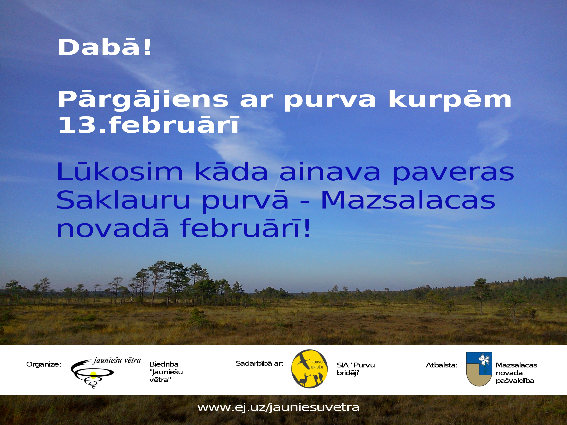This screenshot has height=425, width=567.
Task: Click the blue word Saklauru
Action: point(123,200)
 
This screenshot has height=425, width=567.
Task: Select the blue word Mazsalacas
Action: point(408,200)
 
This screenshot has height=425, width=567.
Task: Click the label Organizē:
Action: point(44,364)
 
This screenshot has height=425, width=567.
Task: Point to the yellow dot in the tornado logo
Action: point(93,375)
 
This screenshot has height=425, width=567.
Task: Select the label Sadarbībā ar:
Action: point(259,363)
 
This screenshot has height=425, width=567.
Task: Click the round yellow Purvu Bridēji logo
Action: point(310,369)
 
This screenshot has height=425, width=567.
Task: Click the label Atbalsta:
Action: point(442,365)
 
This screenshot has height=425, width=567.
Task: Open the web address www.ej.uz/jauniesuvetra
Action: point(278,407)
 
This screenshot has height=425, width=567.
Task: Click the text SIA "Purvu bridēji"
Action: point(356,369)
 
